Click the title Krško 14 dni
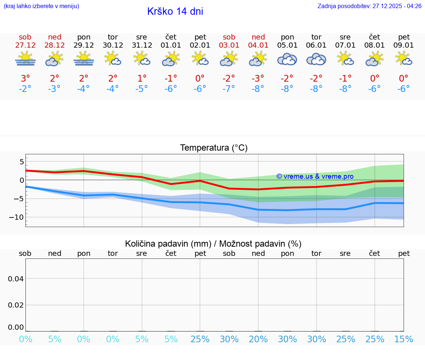tap(175, 11)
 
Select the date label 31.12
tap(142, 45)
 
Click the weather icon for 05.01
tap(287, 59)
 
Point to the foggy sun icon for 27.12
tap(25, 59)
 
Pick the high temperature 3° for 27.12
tap(25, 79)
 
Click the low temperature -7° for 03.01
tap(229, 89)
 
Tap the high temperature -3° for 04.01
tap(258, 79)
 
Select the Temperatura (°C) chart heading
tap(214, 148)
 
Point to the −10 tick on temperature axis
tap(16, 217)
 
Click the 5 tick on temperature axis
tap(21, 162)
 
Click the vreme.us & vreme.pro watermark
tap(315, 176)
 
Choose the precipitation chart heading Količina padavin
tap(213, 244)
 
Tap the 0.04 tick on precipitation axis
tap(16, 279)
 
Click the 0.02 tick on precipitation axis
tap(16, 305)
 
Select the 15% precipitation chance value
tap(404, 339)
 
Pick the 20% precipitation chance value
tap(258, 339)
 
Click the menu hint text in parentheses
tap(41, 6)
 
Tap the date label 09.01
tap(404, 45)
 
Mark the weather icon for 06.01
tap(316, 59)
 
